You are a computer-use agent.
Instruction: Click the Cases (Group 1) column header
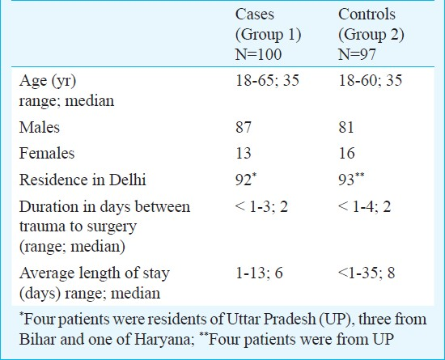pos(268,34)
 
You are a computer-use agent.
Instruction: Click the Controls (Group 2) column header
pos(371,34)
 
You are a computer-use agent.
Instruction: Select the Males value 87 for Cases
pos(244,127)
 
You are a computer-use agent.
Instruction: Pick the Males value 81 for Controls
pos(346,127)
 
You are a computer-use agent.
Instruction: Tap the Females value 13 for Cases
pos(244,153)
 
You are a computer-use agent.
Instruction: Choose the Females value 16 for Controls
pos(346,153)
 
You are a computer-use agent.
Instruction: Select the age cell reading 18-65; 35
pos(267,80)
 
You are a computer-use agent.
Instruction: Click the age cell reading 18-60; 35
pos(370,80)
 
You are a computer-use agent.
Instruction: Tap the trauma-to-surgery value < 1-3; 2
pos(261,206)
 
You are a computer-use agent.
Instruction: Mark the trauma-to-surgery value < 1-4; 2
pos(365,206)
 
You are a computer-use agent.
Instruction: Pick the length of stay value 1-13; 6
pos(259,273)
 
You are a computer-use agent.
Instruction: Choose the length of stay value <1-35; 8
pos(367,273)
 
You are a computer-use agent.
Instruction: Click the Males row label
pos(40,127)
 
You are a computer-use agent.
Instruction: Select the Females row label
pos(47,153)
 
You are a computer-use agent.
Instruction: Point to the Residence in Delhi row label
pos(83,180)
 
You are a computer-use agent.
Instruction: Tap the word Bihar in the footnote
pos(37,339)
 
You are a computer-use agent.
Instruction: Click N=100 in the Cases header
pos(258,54)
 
